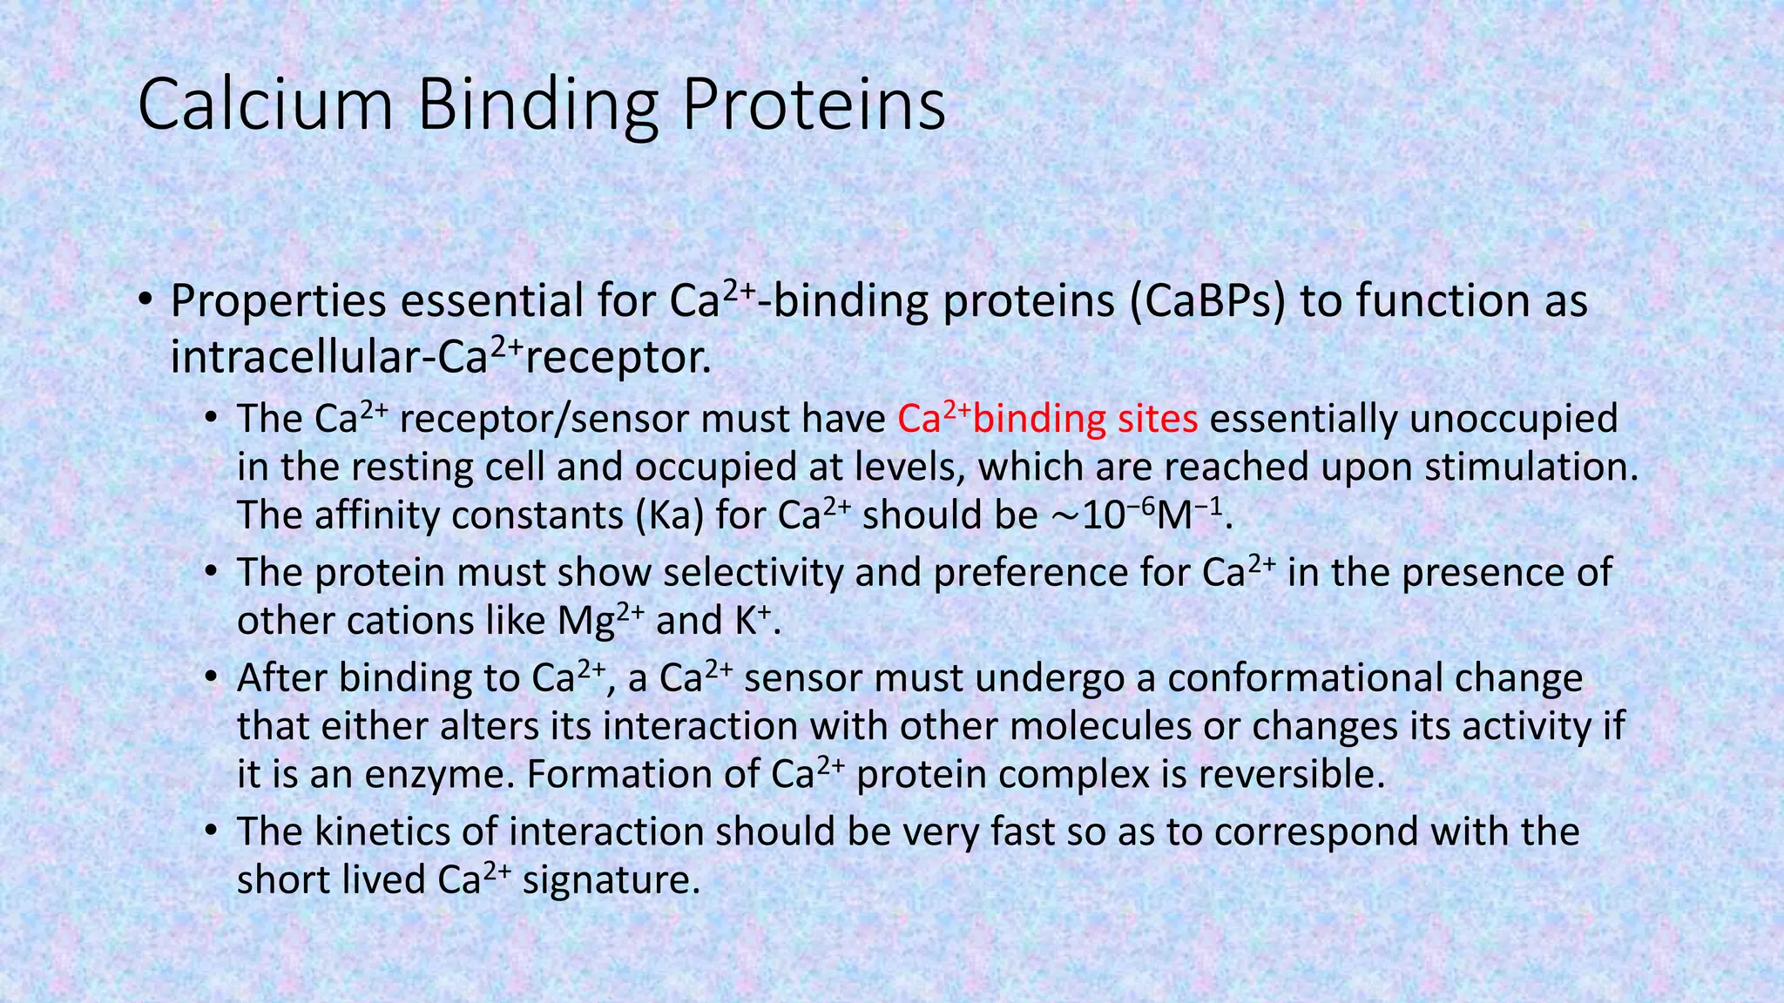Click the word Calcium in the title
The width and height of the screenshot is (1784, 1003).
tap(266, 105)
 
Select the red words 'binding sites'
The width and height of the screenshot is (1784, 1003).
tap(1085, 420)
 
